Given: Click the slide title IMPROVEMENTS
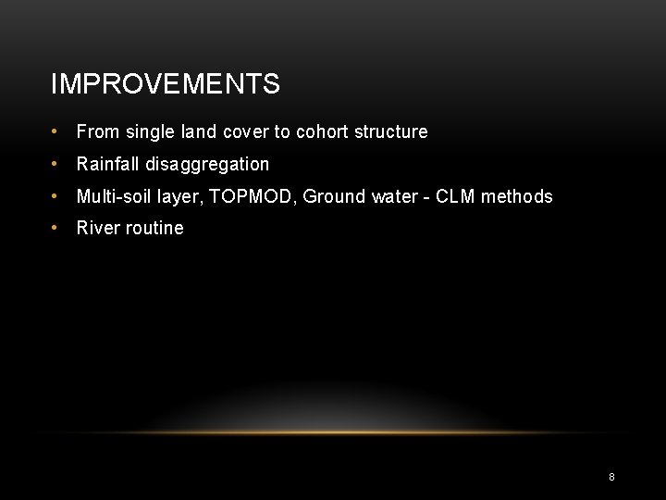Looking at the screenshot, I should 165,84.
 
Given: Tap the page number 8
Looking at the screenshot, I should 611,477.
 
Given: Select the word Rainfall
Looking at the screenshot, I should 108,164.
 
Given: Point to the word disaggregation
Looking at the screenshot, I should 207,165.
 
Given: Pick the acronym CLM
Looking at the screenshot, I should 456,196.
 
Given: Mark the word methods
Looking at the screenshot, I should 516,196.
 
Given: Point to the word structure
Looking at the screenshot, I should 390,131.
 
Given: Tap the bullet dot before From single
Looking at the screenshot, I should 56,132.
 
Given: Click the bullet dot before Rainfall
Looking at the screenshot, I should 56,165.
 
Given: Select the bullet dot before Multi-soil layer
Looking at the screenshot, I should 56,196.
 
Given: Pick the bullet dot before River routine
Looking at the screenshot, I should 56,229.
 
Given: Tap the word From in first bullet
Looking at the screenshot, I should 97,131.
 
